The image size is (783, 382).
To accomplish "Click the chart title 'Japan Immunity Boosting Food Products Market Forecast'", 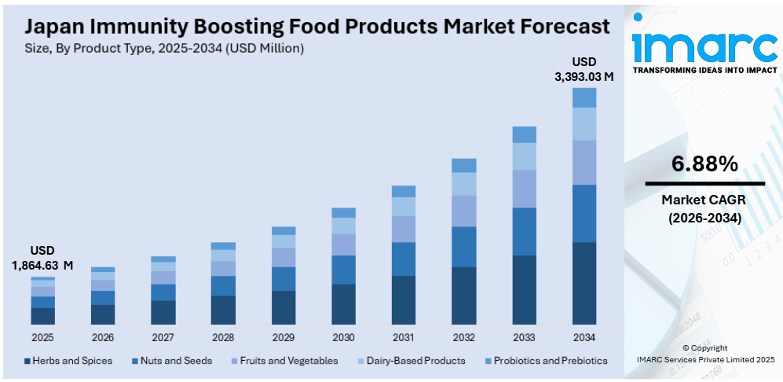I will coord(316,26).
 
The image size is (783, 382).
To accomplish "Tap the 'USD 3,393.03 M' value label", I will coord(584,69).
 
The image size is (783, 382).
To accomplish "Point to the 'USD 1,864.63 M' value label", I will coord(43,258).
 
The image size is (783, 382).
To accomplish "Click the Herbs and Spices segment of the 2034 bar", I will coord(584,283).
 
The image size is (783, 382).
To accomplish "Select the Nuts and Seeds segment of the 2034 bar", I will coord(584,213).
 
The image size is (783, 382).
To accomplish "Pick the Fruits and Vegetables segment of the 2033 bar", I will coord(524,189).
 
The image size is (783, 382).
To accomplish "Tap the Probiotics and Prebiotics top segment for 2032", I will coord(463,165).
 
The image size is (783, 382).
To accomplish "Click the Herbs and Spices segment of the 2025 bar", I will coord(43,316).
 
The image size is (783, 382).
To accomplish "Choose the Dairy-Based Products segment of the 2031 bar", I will coord(404,206).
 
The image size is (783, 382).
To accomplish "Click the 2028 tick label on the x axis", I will coord(223,337).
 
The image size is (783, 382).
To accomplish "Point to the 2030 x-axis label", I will coord(343,337).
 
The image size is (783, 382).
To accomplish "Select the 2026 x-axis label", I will coord(103,337).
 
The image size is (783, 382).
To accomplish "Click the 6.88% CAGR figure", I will coord(704,163).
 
